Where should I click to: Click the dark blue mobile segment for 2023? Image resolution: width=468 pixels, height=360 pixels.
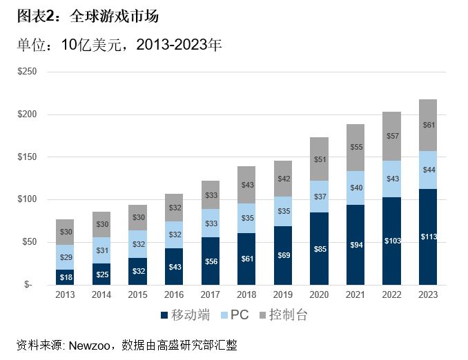point(428,237)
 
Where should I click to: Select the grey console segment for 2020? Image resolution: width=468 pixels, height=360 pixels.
point(319,159)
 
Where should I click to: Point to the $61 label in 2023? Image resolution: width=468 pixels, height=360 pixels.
point(428,125)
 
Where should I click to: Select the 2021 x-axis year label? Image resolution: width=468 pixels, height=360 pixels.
point(355,294)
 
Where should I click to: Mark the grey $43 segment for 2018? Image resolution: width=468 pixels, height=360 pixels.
point(246,185)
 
